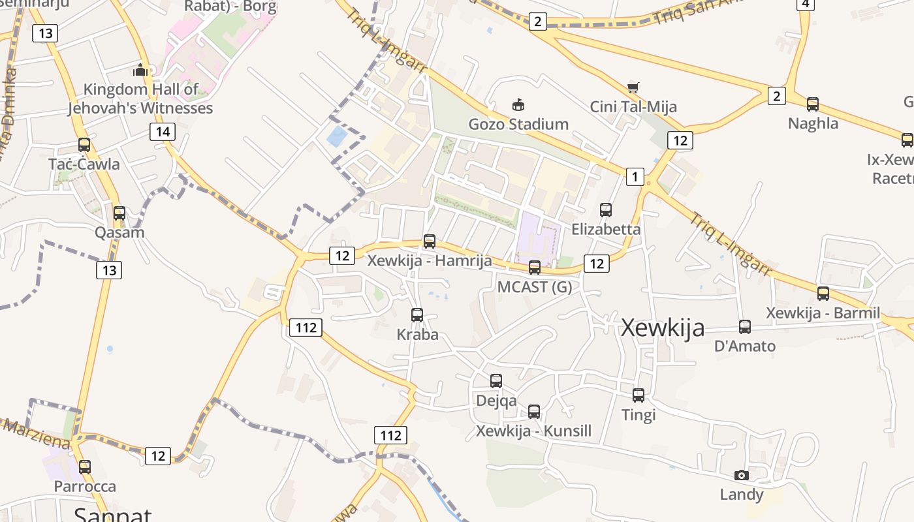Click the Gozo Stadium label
coord(518,124)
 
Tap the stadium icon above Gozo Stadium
coord(518,104)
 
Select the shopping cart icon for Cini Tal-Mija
coord(633,87)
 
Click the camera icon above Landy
coord(741,475)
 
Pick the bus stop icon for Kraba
coord(417,315)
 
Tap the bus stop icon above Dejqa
coord(496,381)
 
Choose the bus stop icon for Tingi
coord(638,395)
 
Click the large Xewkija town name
coord(663,328)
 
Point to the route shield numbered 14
coord(163,132)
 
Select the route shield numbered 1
coord(635,176)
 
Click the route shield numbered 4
coord(806,4)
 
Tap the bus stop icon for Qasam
coord(119,213)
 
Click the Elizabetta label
coord(606,230)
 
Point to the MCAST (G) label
coord(534,287)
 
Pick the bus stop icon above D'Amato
coord(745,327)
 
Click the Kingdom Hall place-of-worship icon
coord(140,70)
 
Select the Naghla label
coord(813,123)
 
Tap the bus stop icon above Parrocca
coord(85,467)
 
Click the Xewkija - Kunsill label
coord(533,431)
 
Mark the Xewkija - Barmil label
coord(823,313)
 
